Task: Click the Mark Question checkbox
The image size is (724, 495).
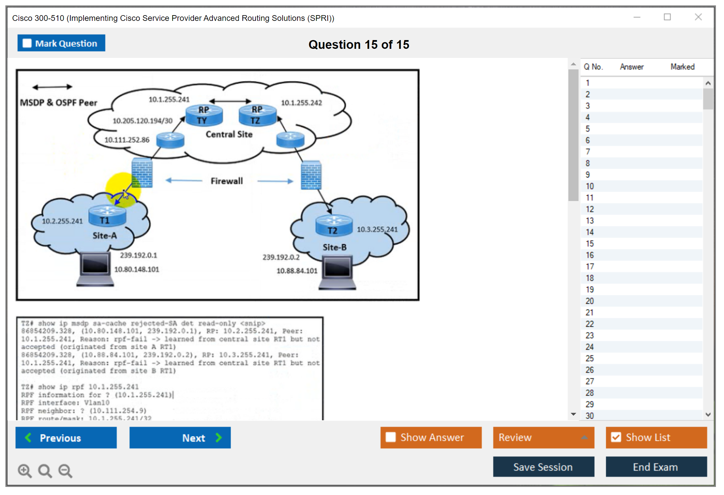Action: click(27, 43)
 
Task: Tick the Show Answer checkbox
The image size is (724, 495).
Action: click(391, 437)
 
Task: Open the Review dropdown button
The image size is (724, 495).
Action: click(543, 437)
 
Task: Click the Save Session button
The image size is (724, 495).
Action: click(543, 467)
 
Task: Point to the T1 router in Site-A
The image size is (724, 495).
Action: click(107, 216)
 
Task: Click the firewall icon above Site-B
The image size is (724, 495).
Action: click(311, 175)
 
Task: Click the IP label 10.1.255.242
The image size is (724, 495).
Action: click(301, 103)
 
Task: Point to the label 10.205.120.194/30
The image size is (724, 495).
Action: click(142, 121)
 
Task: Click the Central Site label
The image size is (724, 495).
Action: click(229, 134)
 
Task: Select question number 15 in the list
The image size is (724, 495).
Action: click(590, 243)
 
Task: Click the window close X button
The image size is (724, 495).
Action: click(698, 17)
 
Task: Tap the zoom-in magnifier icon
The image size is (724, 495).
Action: click(25, 470)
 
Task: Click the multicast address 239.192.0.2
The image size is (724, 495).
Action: click(281, 257)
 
